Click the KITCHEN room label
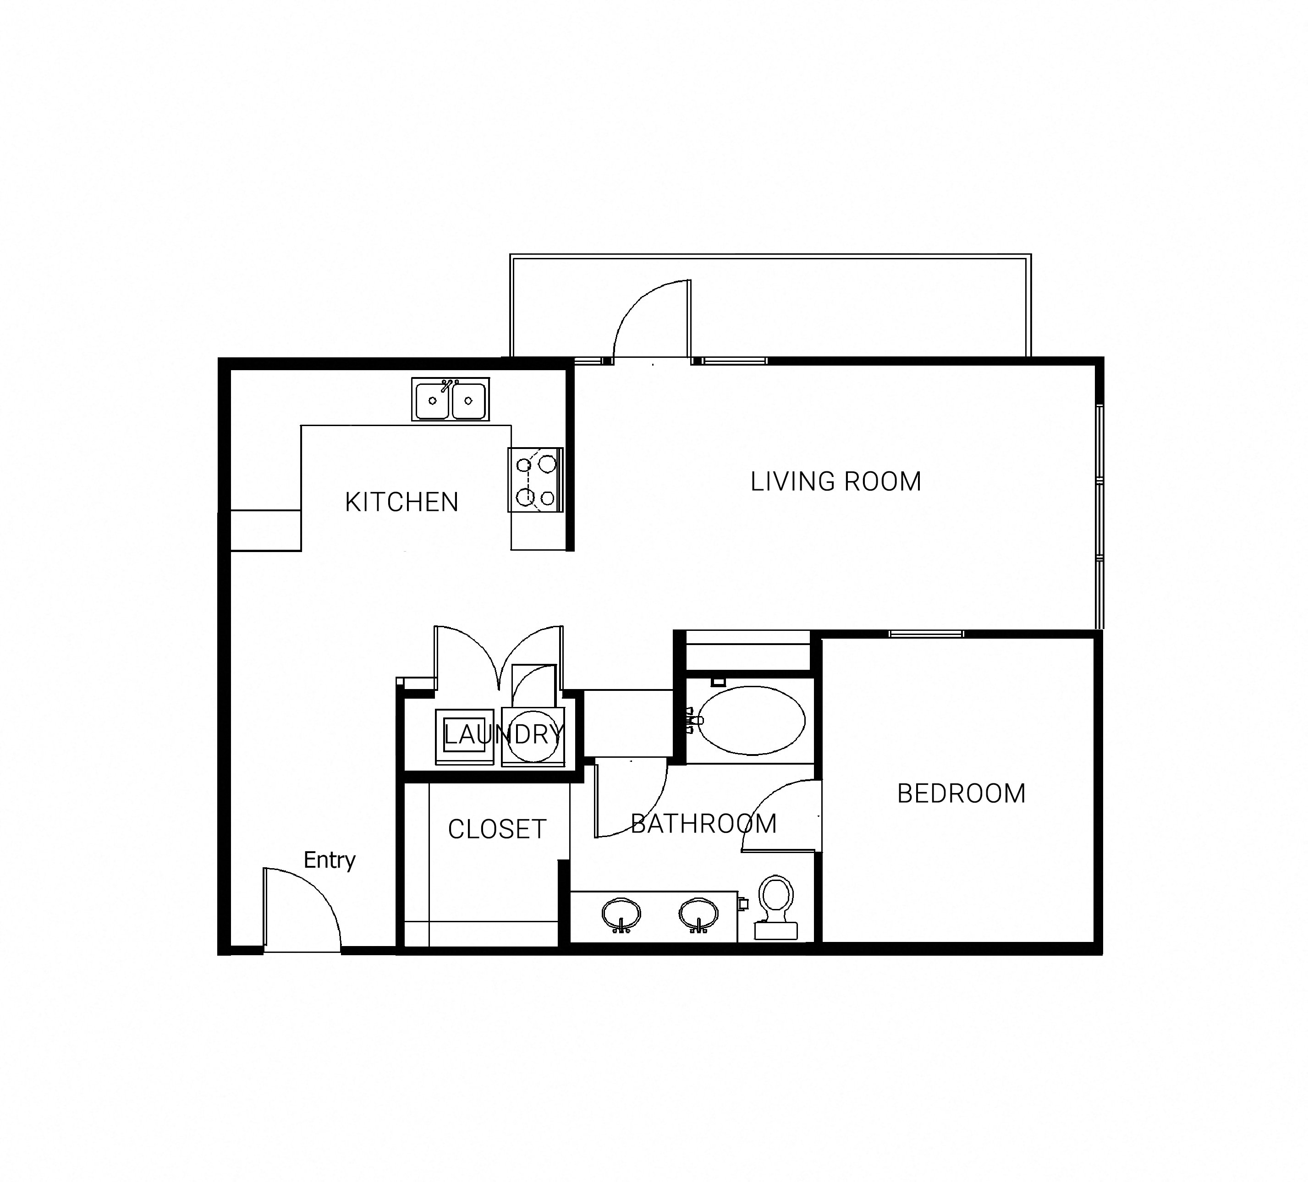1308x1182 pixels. point(401,502)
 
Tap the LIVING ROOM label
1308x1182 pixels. point(835,482)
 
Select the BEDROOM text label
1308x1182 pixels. point(961,793)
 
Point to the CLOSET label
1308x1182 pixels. point(497,829)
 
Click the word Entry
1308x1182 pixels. point(330,860)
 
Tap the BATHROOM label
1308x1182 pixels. point(704,824)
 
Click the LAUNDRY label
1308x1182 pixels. point(503,734)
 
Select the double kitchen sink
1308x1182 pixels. point(450,399)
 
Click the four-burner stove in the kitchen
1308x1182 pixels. point(536,480)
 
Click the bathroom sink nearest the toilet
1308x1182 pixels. point(699,915)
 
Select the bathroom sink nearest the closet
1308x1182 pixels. point(621,915)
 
